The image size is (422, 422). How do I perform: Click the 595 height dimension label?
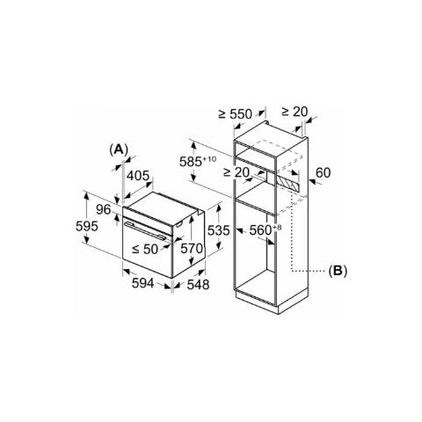(87, 226)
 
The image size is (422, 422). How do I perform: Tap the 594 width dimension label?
(142, 283)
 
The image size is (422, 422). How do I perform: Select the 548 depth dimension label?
(198, 284)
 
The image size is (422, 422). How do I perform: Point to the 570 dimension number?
(192, 249)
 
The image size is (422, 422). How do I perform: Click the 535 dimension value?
(219, 230)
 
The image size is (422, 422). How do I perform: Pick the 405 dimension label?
(138, 176)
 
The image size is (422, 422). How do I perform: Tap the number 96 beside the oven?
(104, 209)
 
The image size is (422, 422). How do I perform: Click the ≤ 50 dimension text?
(145, 249)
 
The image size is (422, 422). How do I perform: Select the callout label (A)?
(119, 149)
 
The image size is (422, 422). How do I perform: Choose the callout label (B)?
(338, 271)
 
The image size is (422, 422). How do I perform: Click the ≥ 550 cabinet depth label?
(236, 114)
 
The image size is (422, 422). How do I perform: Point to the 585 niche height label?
(191, 162)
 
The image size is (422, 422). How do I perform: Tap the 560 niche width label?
(260, 230)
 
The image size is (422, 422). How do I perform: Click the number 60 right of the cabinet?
(323, 173)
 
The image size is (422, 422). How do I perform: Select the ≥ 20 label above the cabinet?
(295, 112)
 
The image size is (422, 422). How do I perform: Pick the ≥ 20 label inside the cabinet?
(236, 172)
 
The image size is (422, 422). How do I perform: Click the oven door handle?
(144, 230)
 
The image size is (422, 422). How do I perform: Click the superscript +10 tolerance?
(209, 159)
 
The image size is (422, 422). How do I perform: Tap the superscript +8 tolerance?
(277, 228)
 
